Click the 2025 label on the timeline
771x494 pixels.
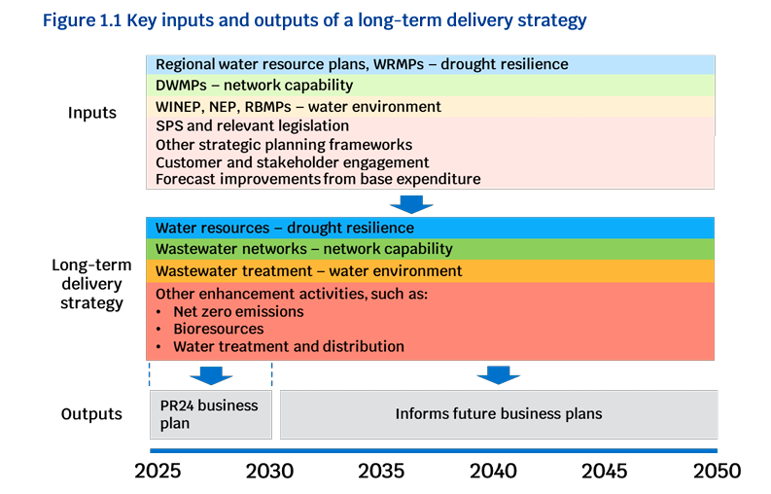point(158,471)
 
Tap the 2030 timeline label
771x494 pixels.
point(269,471)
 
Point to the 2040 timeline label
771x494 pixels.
point(493,471)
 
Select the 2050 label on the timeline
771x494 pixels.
point(717,471)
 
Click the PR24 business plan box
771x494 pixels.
point(211,414)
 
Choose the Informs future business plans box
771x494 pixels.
point(499,414)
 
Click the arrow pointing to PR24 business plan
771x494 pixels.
point(211,375)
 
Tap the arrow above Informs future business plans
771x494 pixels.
point(498,375)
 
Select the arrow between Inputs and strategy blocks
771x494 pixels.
point(411,204)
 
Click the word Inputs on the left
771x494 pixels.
point(92,113)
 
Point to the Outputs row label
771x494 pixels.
point(91,414)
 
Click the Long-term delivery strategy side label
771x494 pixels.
point(92,284)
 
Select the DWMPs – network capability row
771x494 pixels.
point(431,86)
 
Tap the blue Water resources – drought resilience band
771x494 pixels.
point(431,228)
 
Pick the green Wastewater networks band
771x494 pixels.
point(431,249)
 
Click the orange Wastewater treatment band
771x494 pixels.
point(431,270)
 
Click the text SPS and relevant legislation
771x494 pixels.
point(252,126)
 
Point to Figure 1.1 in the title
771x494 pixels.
point(82,20)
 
